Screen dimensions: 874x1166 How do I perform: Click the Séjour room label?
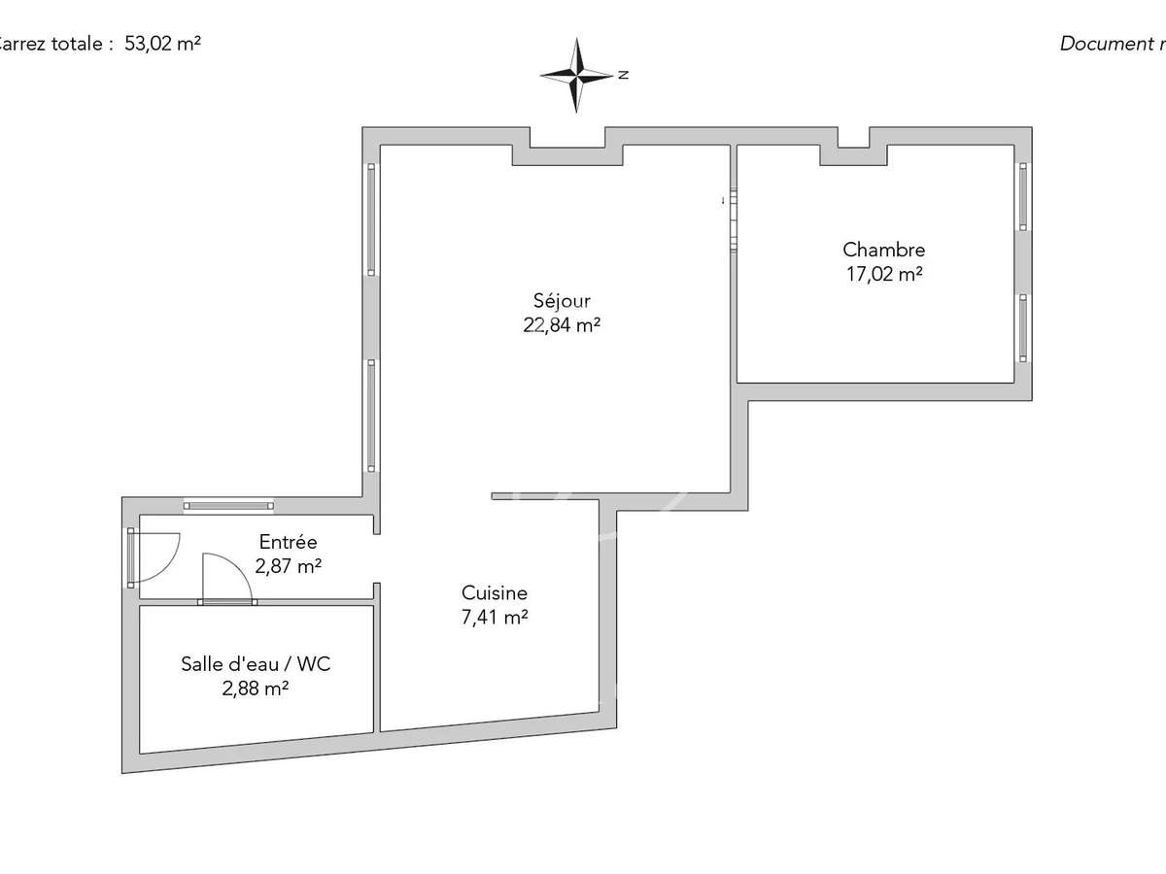tap(562, 301)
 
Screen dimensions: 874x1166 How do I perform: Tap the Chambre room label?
tap(883, 250)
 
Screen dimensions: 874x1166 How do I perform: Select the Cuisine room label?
tap(495, 592)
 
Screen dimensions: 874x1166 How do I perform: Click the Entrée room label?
tap(288, 542)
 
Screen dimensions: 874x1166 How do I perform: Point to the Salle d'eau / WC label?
tap(257, 664)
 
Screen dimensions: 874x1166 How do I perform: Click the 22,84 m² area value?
tap(562, 326)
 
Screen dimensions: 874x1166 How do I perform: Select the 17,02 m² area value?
tap(883, 274)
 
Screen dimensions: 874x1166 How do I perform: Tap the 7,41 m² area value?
tap(495, 617)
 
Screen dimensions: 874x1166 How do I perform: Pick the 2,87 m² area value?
tap(288, 566)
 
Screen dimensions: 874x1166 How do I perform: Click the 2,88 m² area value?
tap(257, 689)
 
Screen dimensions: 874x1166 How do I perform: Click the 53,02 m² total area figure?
tap(162, 44)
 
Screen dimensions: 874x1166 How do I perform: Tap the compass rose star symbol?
tap(577, 75)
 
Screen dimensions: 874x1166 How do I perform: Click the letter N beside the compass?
tap(624, 75)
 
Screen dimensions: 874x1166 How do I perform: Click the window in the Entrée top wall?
tap(228, 505)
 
